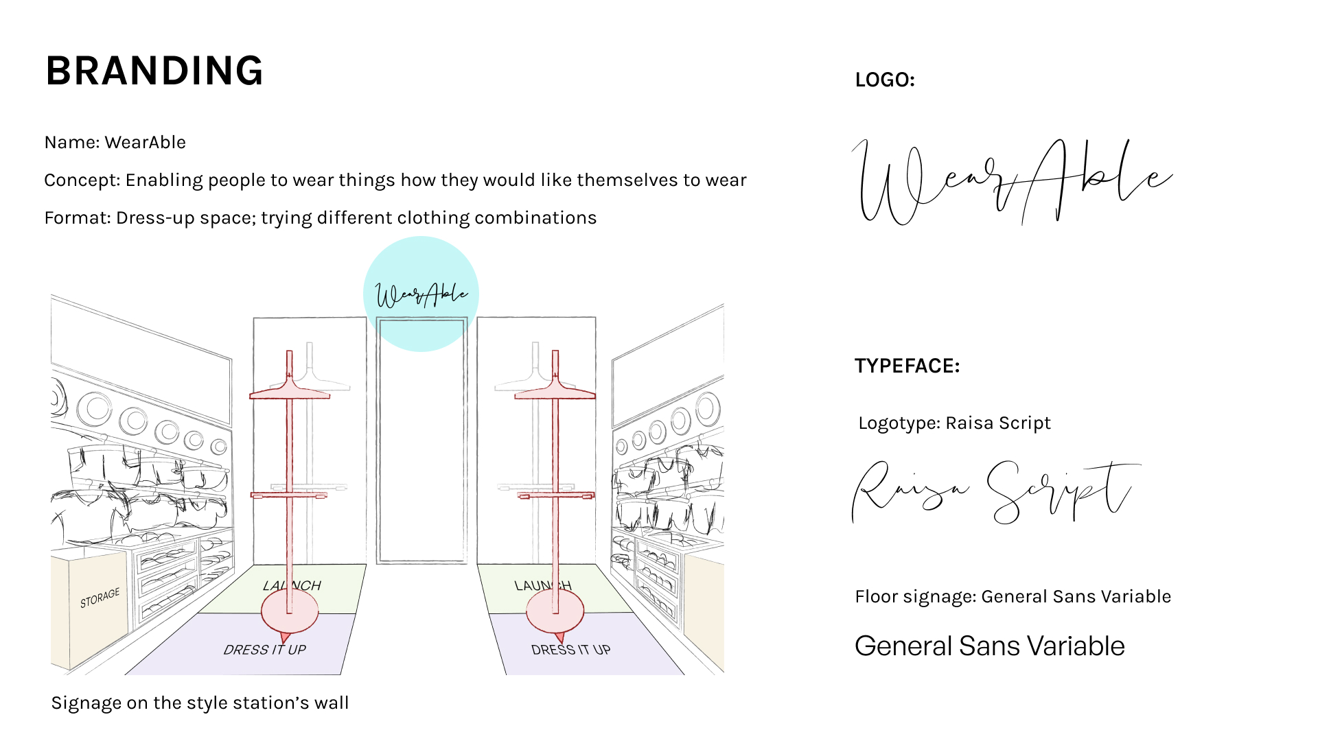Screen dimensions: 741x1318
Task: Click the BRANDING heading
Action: (154, 71)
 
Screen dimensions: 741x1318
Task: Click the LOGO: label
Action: (885, 80)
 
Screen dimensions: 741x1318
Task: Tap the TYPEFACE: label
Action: (907, 366)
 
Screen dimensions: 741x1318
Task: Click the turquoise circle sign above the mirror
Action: (421, 294)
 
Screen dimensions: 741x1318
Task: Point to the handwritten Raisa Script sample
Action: (995, 491)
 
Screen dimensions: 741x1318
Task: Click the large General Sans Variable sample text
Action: (989, 646)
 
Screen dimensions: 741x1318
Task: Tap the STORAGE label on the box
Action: (100, 598)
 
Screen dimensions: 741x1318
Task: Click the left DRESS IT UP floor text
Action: (264, 650)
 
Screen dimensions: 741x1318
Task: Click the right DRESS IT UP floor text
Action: (570, 650)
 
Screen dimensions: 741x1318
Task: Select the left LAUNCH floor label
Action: (292, 585)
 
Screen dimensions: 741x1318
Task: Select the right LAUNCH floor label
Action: (542, 585)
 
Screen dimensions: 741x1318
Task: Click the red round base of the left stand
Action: (290, 611)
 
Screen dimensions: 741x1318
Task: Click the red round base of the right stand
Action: (555, 611)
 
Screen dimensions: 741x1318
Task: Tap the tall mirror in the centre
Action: (421, 446)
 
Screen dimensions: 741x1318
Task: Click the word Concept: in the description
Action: (82, 180)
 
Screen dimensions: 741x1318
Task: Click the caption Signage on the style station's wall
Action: (200, 703)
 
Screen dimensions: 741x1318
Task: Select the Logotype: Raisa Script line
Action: (954, 423)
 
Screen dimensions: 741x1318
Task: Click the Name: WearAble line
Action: (115, 143)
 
